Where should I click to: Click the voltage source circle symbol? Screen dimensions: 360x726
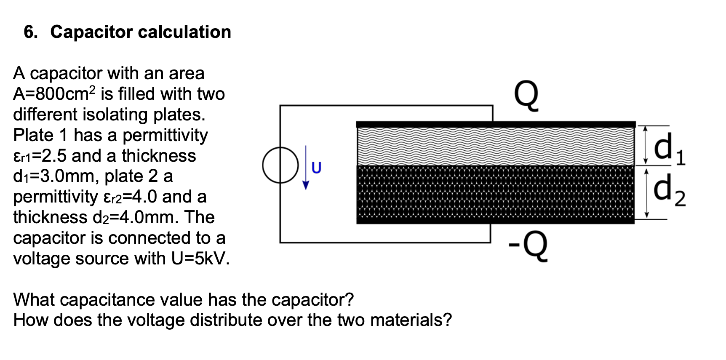click(x=280, y=165)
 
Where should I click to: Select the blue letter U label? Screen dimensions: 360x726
click(x=316, y=168)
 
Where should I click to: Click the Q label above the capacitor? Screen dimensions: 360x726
click(x=526, y=96)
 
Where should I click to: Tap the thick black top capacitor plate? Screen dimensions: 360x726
click(x=495, y=124)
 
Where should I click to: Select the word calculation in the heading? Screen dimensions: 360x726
click(x=184, y=32)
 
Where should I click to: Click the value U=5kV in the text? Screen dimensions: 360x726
click(x=200, y=258)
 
